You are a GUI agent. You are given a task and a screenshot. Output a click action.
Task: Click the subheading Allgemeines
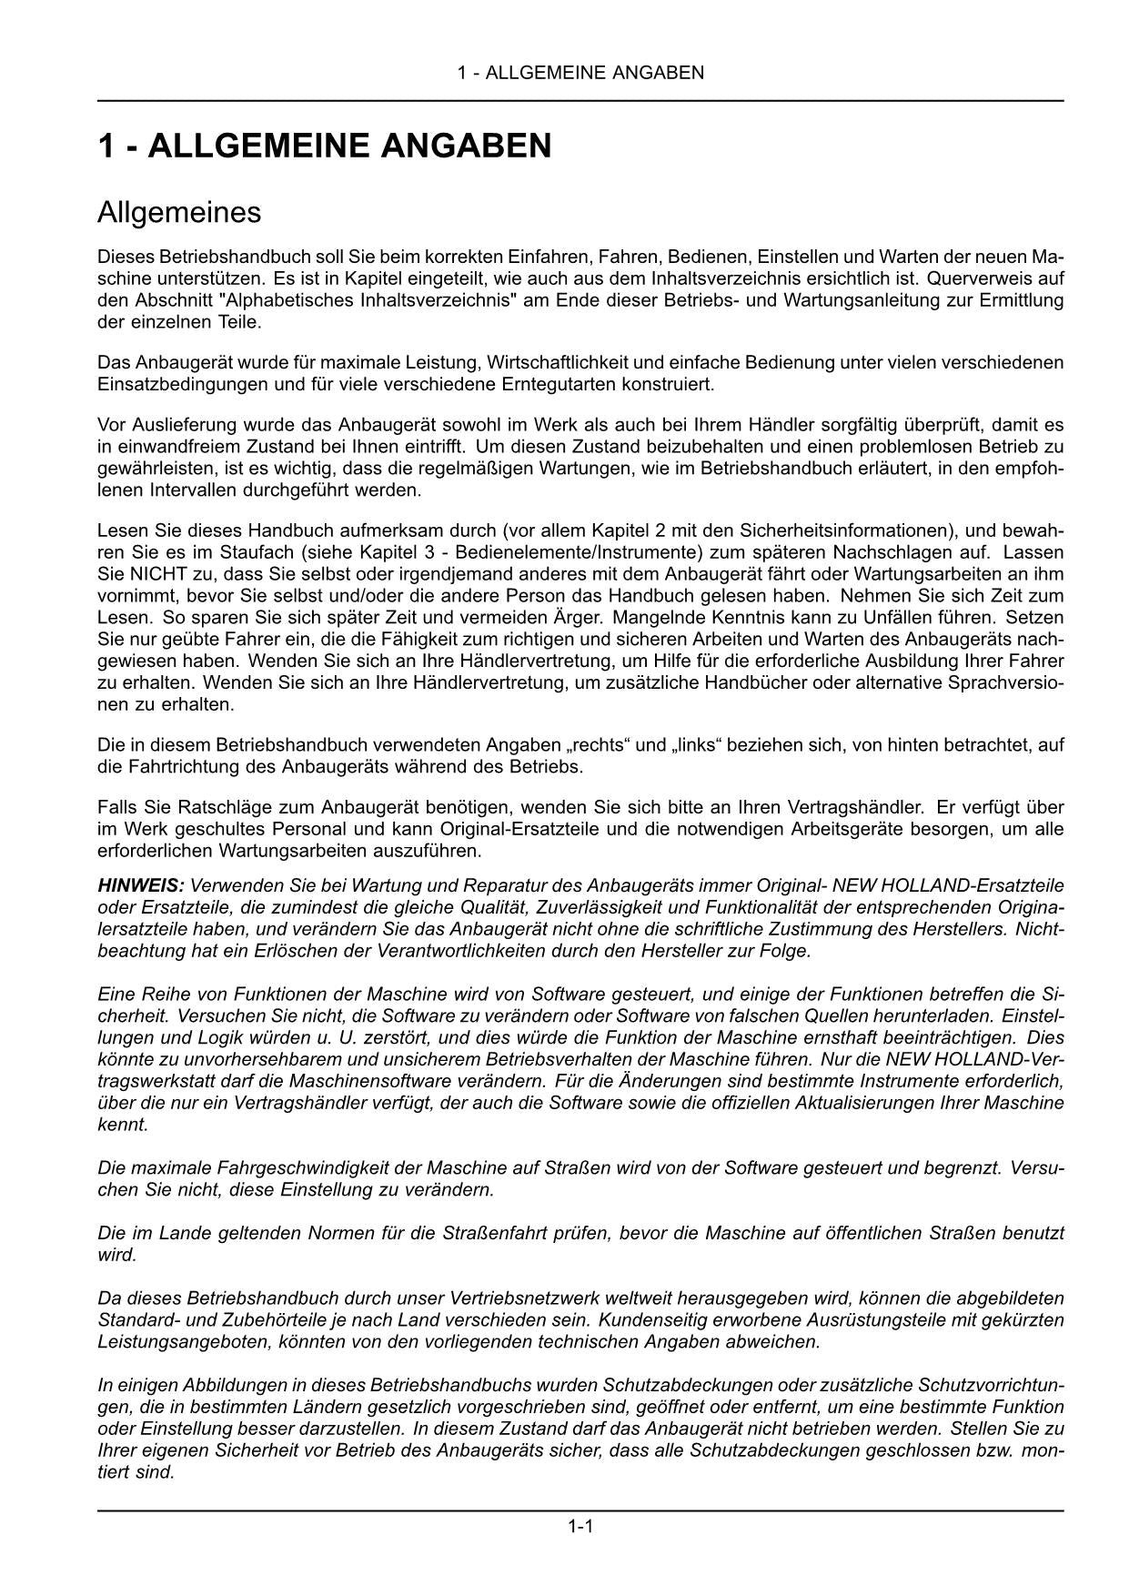tap(179, 213)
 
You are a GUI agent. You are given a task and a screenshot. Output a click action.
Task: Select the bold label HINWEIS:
tap(141, 885)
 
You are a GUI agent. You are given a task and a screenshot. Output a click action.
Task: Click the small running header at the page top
tap(580, 73)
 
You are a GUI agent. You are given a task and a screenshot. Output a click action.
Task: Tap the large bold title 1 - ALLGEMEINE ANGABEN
tap(325, 146)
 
